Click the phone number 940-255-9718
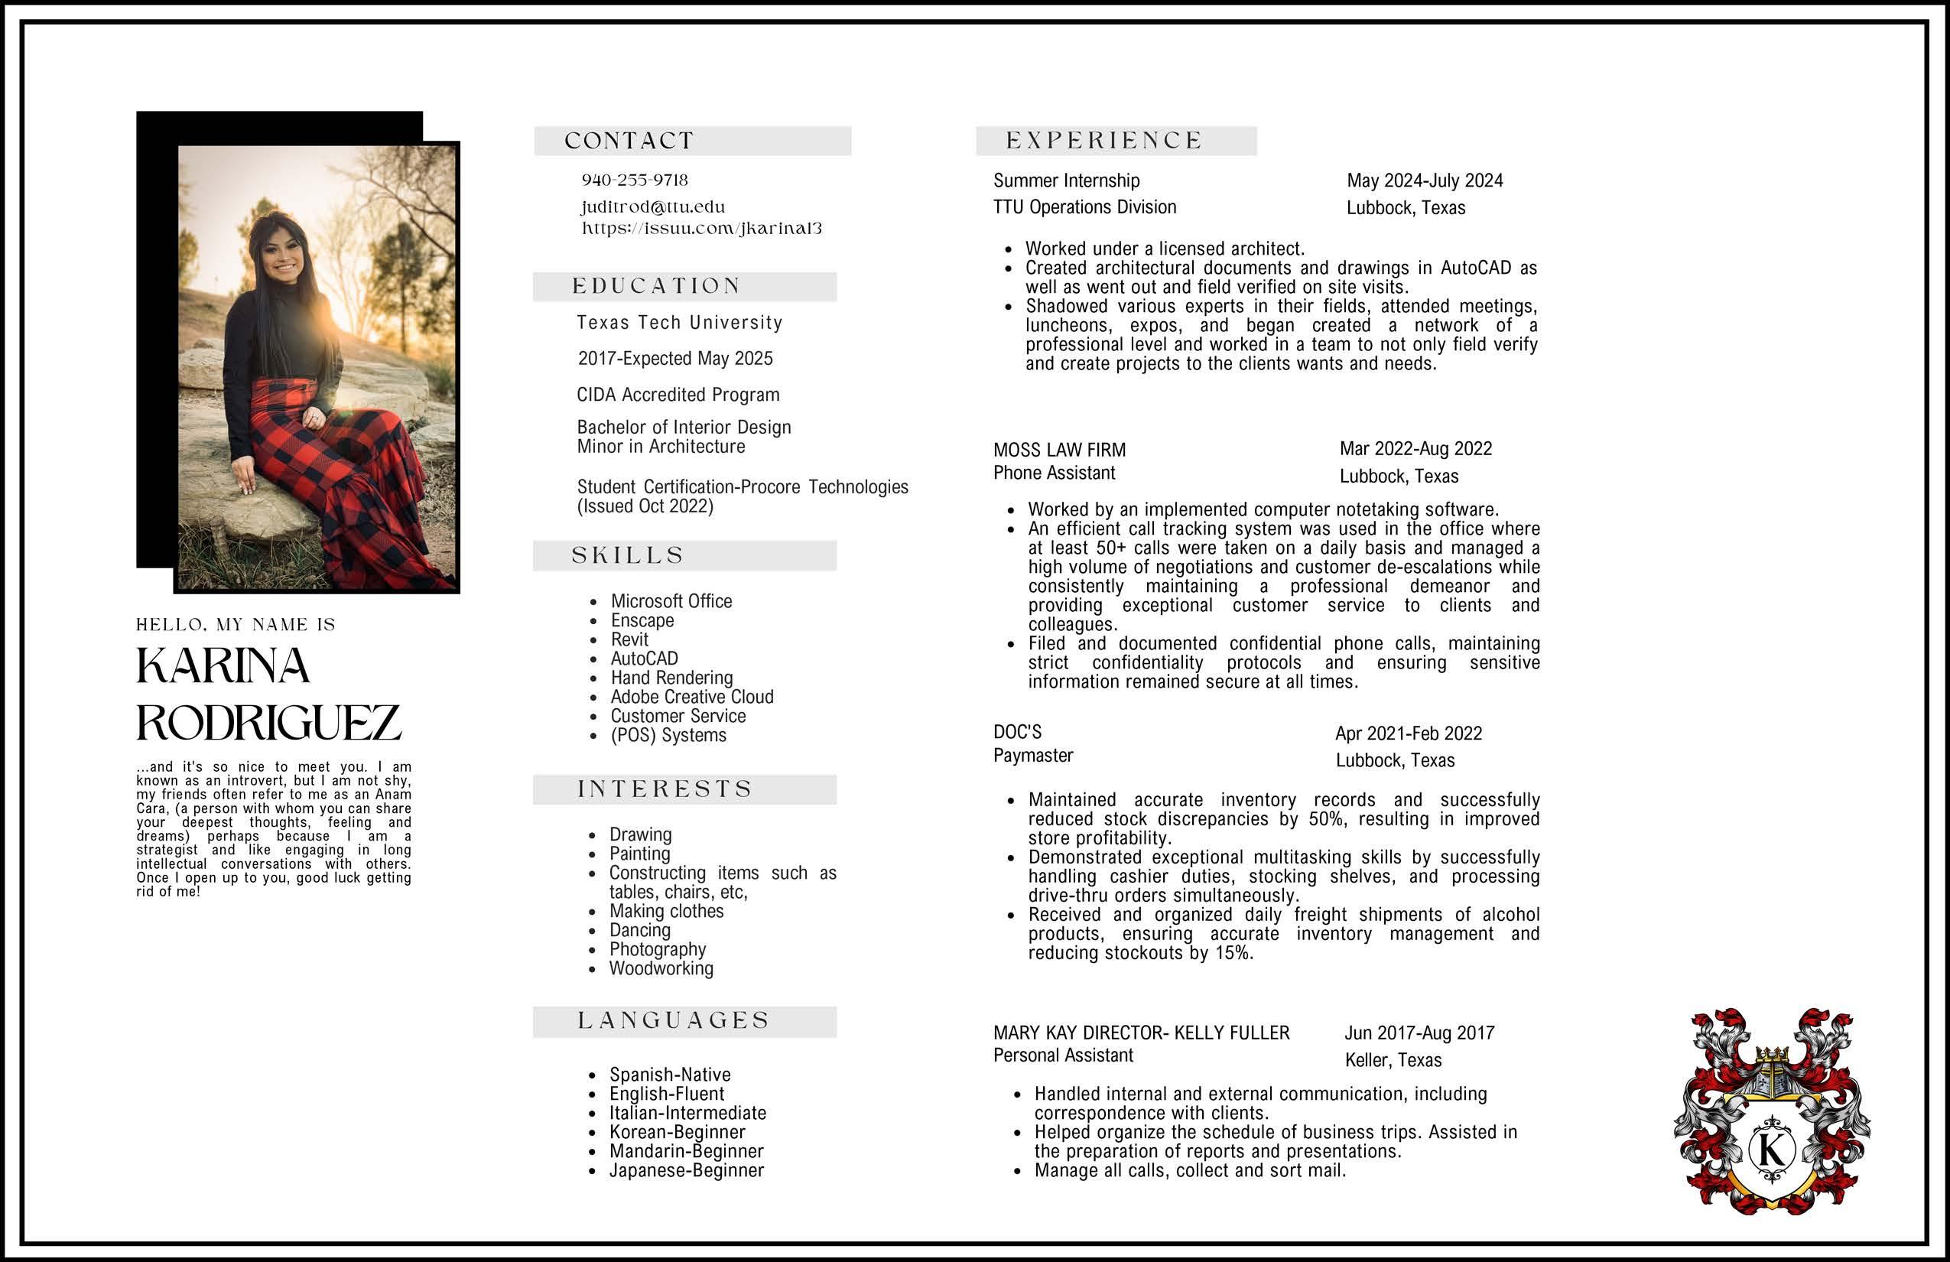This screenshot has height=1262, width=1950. coord(634,181)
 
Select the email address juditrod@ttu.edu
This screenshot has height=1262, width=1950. coord(653,207)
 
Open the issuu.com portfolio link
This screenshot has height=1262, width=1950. coord(701,229)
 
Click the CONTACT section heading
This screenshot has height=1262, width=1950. coord(629,141)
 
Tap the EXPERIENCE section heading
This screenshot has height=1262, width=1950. coord(1103,141)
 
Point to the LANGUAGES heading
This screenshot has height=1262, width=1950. coord(674,1021)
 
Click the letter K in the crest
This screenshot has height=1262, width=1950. coord(1771,1149)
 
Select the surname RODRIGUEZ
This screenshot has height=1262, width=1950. coord(268,722)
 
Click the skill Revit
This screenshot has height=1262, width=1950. coord(629,639)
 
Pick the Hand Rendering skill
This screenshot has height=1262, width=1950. coord(671,678)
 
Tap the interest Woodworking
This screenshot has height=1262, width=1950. coord(661,968)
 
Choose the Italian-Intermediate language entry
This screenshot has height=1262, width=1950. coord(687,1113)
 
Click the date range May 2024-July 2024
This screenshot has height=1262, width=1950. coord(1425,181)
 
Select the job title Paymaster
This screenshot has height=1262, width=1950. coord(1033,756)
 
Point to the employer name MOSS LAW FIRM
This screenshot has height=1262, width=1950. coord(1059,450)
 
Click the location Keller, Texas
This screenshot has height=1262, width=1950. coord(1393,1060)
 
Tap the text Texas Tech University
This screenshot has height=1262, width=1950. coord(679,323)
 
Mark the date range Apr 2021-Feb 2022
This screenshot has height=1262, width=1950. coord(1409,733)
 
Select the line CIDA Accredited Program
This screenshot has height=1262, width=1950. coord(678,395)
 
